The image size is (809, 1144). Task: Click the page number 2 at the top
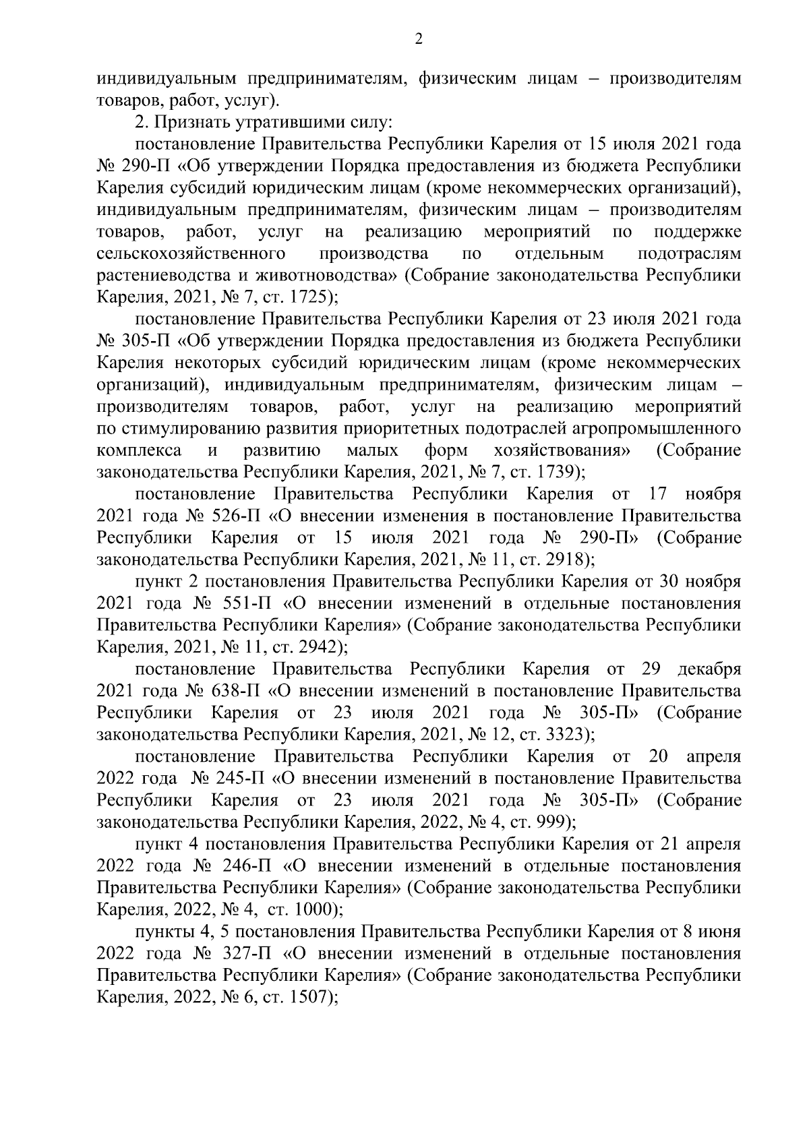tap(418, 40)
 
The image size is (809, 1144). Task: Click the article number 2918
tap(566, 560)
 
